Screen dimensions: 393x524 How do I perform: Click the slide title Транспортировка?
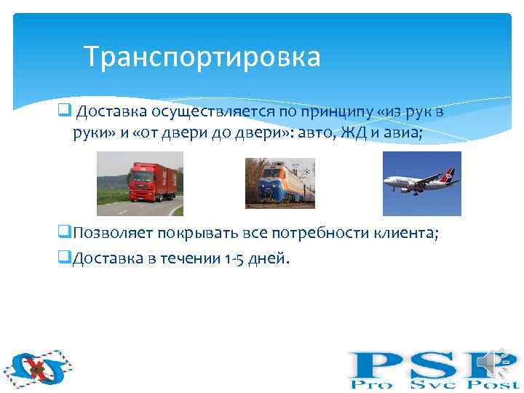point(202,57)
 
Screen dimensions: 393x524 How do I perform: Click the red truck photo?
point(140,183)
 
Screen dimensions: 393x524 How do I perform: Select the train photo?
point(279,183)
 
